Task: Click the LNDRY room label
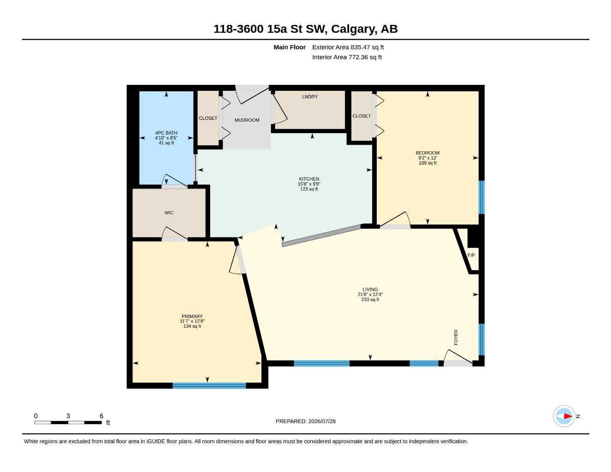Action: click(310, 97)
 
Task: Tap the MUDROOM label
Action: click(247, 120)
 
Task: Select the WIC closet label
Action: click(169, 212)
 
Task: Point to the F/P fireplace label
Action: click(471, 255)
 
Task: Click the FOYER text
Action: click(456, 337)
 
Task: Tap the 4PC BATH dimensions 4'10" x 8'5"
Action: click(166, 138)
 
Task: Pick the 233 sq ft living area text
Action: click(370, 300)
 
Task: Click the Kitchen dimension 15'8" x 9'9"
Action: click(309, 184)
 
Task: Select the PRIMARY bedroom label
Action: click(192, 316)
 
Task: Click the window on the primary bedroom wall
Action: click(209, 385)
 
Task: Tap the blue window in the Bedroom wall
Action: click(481, 197)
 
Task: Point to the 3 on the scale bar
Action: click(68, 416)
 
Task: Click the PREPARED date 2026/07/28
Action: click(322, 421)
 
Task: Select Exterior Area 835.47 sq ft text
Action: click(348, 47)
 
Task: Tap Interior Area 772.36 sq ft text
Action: click(347, 57)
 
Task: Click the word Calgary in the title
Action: click(354, 29)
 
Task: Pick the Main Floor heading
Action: click(290, 47)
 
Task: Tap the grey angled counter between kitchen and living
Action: click(321, 236)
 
